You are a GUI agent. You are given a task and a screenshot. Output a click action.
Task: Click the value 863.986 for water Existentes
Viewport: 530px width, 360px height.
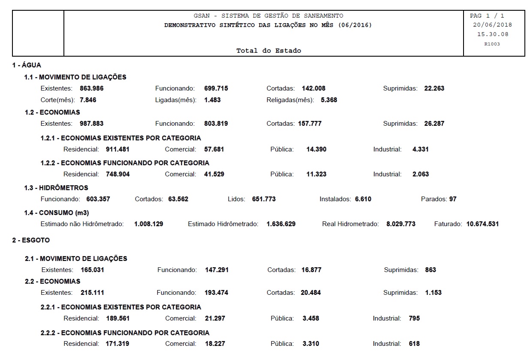[x=92, y=88]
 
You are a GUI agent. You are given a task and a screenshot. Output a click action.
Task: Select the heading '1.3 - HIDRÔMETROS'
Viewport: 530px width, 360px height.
[x=56, y=188]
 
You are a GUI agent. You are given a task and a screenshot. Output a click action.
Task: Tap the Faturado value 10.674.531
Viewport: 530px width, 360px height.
[x=482, y=224]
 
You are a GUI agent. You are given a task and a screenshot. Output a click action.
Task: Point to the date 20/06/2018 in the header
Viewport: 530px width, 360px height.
[x=492, y=25]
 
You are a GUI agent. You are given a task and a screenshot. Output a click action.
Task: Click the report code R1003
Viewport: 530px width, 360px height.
[x=492, y=44]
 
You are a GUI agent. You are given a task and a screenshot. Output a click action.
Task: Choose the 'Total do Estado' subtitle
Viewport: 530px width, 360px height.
[x=268, y=51]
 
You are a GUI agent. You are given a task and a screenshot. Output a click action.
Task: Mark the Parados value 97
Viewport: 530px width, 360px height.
[x=453, y=199]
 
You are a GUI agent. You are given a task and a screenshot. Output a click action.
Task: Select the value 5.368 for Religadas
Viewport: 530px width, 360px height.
[x=329, y=100]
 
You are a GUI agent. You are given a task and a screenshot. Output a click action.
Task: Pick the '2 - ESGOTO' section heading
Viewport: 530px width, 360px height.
[x=31, y=240]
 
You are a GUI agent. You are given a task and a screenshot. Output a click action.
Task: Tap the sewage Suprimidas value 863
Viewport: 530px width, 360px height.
[x=431, y=270]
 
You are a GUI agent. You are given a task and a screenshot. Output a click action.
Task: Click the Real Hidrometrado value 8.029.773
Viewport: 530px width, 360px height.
[x=401, y=224]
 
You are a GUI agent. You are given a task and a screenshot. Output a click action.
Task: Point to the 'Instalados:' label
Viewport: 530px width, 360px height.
[x=336, y=199]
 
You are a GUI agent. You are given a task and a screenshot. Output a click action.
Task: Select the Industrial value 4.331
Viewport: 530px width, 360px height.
[x=420, y=149]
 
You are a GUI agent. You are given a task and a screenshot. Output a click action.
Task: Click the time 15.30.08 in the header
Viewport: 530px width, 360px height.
[x=493, y=34]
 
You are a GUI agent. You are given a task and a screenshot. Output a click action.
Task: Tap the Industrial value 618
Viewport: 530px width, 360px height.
[x=414, y=343]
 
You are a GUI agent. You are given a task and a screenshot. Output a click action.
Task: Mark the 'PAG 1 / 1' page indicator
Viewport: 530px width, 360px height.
[x=487, y=15]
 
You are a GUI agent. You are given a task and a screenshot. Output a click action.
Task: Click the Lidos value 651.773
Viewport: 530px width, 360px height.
[x=264, y=199]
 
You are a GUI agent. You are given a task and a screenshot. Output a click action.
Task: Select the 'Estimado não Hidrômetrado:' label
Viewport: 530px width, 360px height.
[x=82, y=224]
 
